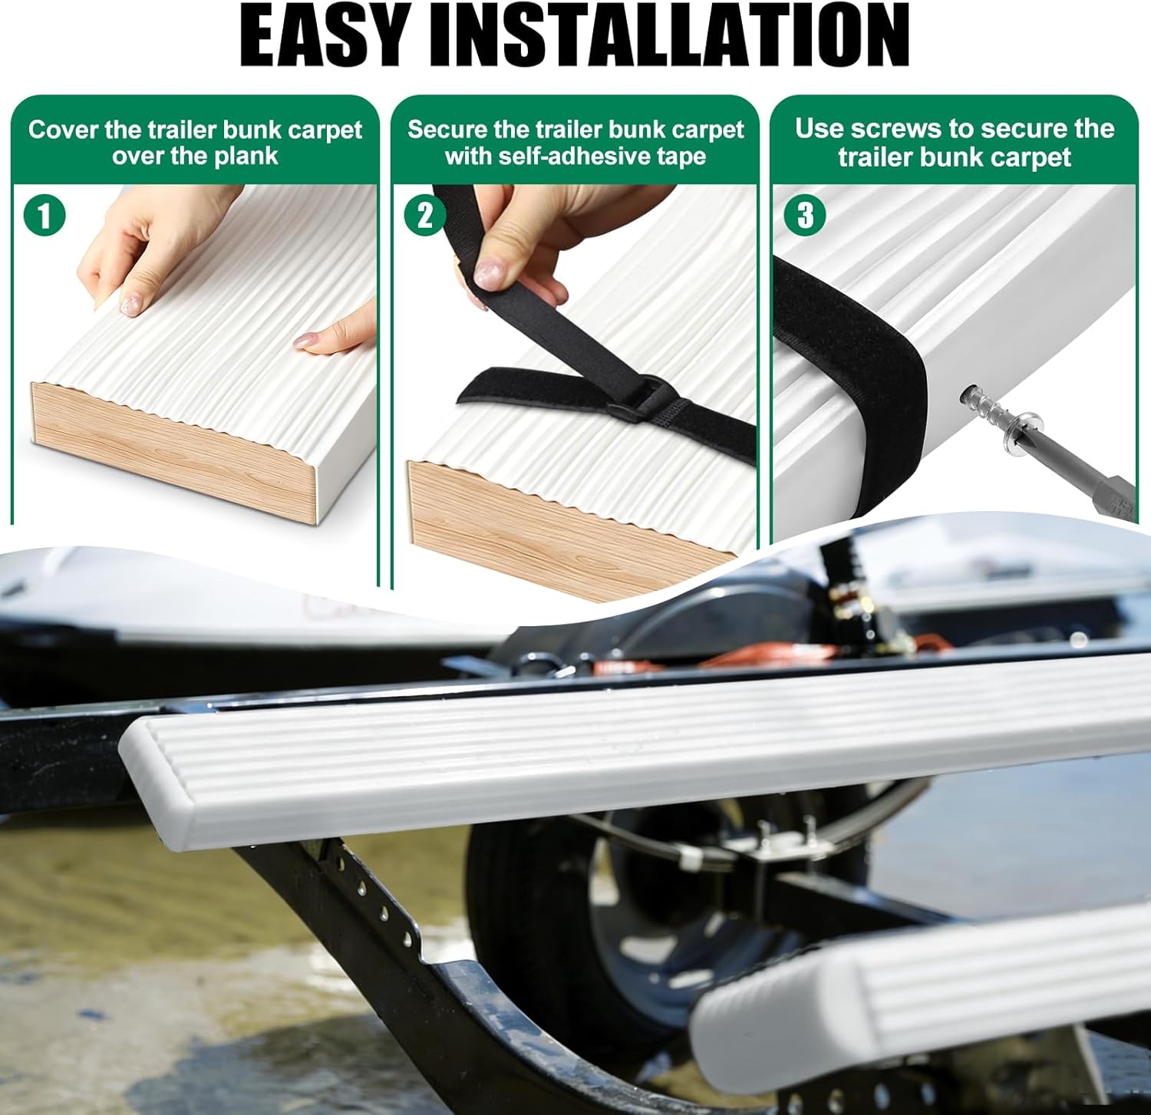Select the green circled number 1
click(x=45, y=215)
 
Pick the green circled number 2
click(x=424, y=215)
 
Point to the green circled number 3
click(x=805, y=215)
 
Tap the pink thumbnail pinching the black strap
click(x=490, y=273)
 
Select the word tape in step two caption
click(x=682, y=157)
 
